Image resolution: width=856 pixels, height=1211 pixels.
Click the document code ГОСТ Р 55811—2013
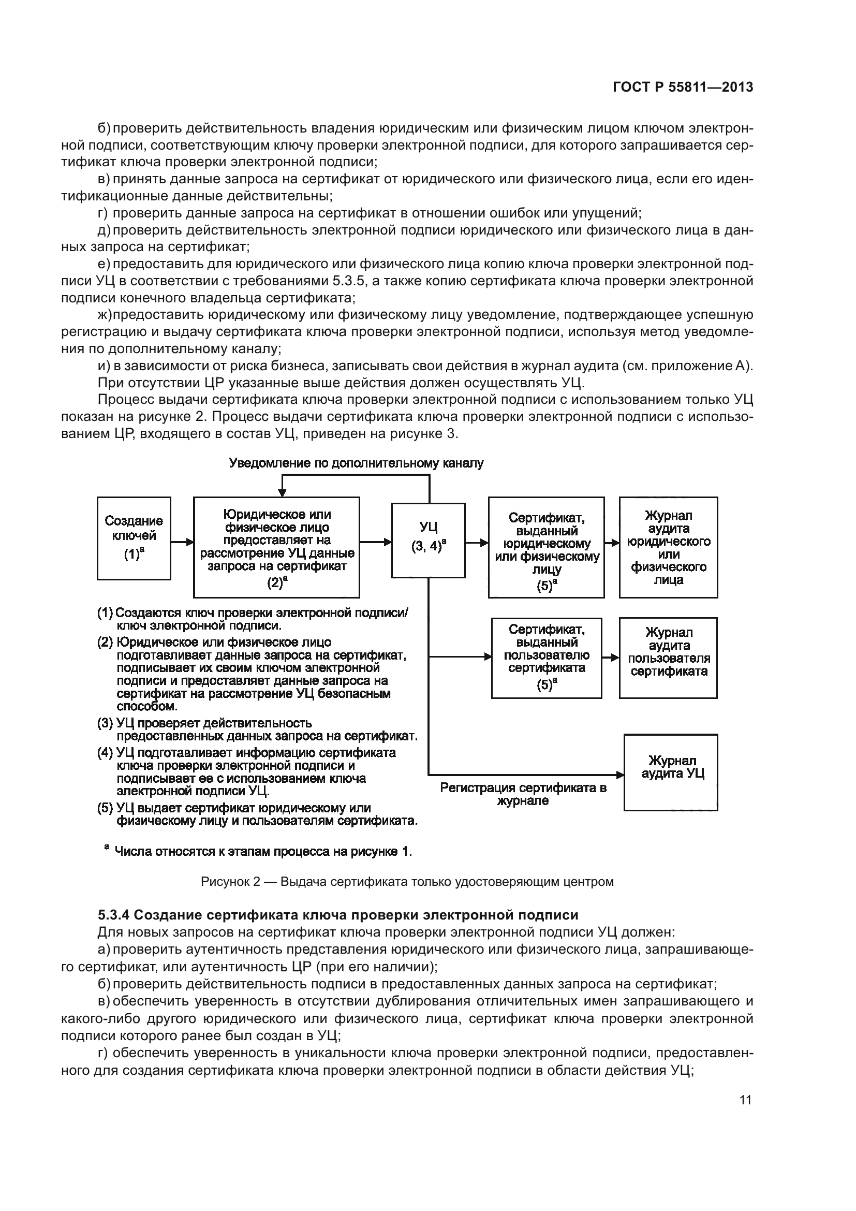point(683,87)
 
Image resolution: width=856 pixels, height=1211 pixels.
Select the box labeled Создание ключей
point(134,538)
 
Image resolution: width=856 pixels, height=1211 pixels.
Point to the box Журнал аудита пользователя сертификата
point(668,658)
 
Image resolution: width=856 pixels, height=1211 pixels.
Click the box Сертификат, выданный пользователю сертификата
point(546,658)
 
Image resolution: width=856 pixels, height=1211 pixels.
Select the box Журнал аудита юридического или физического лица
point(668,547)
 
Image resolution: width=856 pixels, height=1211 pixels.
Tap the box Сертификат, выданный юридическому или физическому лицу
point(546,547)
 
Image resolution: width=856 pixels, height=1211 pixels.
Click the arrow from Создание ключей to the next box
point(182,542)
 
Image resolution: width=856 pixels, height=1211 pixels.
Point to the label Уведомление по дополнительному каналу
point(356,463)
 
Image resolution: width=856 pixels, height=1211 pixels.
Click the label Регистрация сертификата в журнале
point(523,794)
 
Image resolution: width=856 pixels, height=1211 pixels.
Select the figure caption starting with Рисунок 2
point(407,881)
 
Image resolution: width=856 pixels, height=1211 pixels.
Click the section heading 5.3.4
point(338,914)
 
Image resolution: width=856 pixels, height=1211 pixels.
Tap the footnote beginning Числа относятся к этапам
point(258,851)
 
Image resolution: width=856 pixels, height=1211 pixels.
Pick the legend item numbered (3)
point(257,729)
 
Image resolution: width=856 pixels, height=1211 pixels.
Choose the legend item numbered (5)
point(257,814)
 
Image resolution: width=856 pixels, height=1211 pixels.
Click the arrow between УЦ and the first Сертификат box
point(477,542)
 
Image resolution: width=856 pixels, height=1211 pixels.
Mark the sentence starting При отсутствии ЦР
point(341,383)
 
